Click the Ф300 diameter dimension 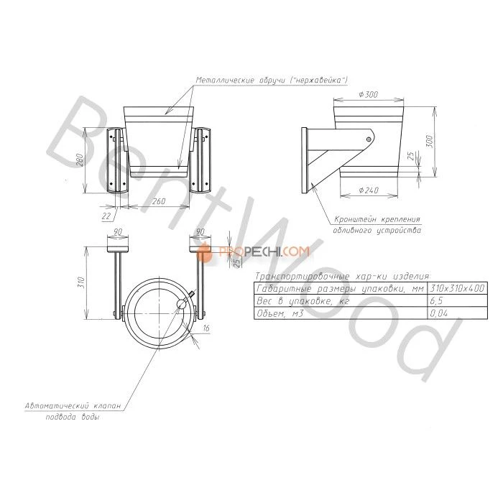coord(368,94)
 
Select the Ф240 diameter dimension coord(369,190)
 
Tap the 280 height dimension coord(80,160)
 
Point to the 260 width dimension coord(159,201)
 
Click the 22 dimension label coord(106,216)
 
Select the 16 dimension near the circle coord(206,328)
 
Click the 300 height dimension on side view coord(430,141)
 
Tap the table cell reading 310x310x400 coord(457,288)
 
